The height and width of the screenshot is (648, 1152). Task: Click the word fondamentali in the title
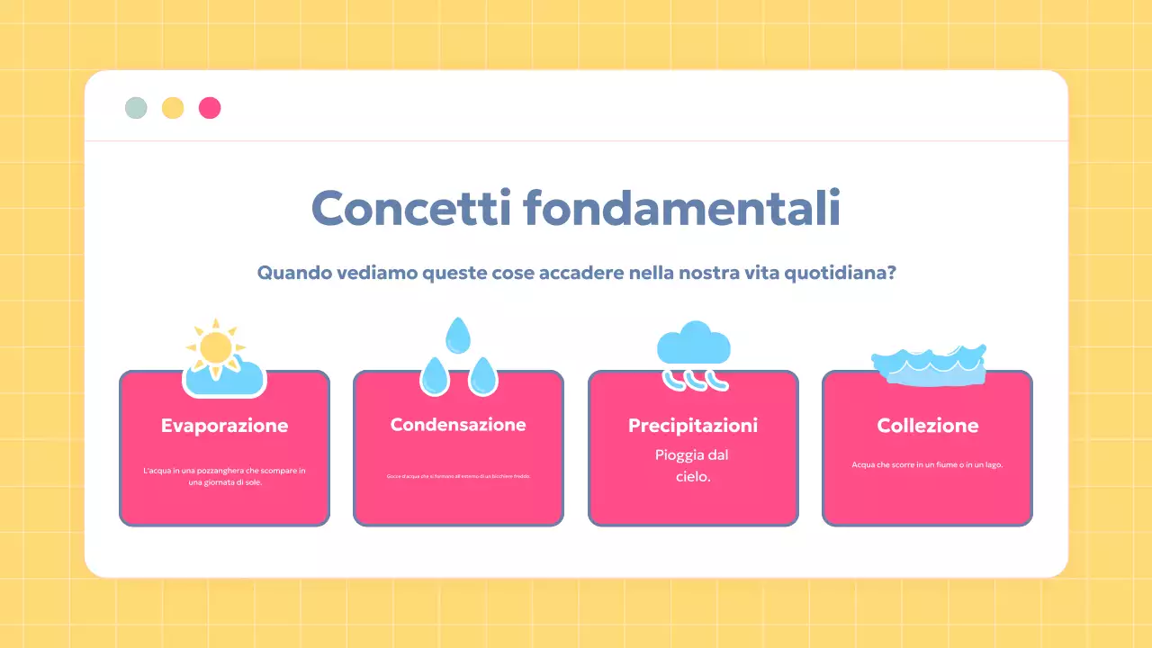[x=681, y=209]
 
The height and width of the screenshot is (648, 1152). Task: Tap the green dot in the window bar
[x=136, y=108]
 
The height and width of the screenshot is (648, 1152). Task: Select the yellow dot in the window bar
[x=173, y=108]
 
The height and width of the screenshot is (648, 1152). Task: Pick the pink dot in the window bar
[x=210, y=108]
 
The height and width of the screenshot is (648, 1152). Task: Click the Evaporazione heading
[x=224, y=426]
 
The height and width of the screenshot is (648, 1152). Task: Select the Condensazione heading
[x=458, y=425]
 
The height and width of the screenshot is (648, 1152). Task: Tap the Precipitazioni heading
[x=693, y=426]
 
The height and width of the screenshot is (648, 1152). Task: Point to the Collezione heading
[x=927, y=426]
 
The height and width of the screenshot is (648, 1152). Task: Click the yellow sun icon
[x=216, y=347]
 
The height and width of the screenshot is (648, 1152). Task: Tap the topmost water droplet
[x=459, y=335]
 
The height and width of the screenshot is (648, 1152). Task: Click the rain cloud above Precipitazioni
[x=693, y=345]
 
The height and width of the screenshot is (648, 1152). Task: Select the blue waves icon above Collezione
[x=929, y=364]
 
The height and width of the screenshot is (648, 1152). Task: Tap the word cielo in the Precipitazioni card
[x=691, y=477]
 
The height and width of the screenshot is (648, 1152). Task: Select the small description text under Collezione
[x=927, y=465]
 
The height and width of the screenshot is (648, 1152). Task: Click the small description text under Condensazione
[x=458, y=476]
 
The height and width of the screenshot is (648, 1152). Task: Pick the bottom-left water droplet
[x=435, y=376]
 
